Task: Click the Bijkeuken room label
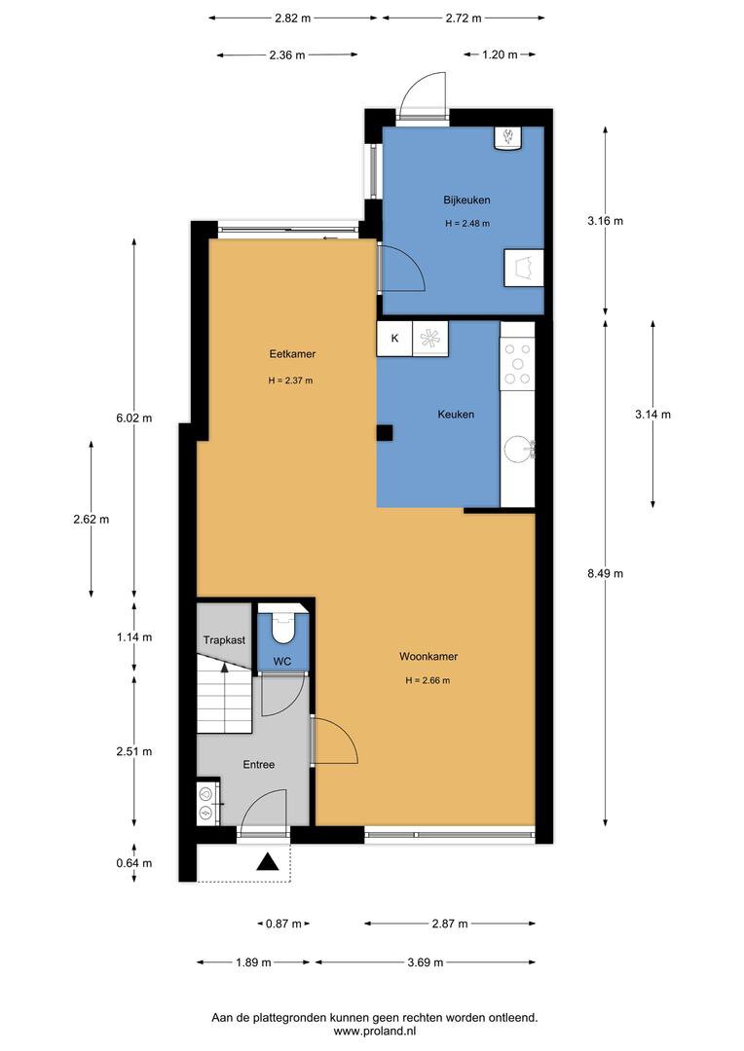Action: pos(466,199)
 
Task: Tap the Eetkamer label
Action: pos(292,354)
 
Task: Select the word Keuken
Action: pos(456,415)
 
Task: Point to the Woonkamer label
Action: pos(428,656)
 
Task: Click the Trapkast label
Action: pos(224,640)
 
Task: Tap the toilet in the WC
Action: pos(283,626)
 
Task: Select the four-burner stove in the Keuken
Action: pos(517,364)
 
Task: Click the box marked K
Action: pos(394,339)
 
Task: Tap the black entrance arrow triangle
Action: pos(268,862)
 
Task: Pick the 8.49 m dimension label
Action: pos(605,574)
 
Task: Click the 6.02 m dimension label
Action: pos(134,418)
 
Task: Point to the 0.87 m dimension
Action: pos(283,924)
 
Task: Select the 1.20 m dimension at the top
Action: pos(500,54)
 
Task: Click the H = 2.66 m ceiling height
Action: pos(428,680)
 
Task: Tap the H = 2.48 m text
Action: pos(466,223)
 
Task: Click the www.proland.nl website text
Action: pos(375,1031)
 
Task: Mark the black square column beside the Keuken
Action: pos(385,433)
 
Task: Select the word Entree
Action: pos(259,764)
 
